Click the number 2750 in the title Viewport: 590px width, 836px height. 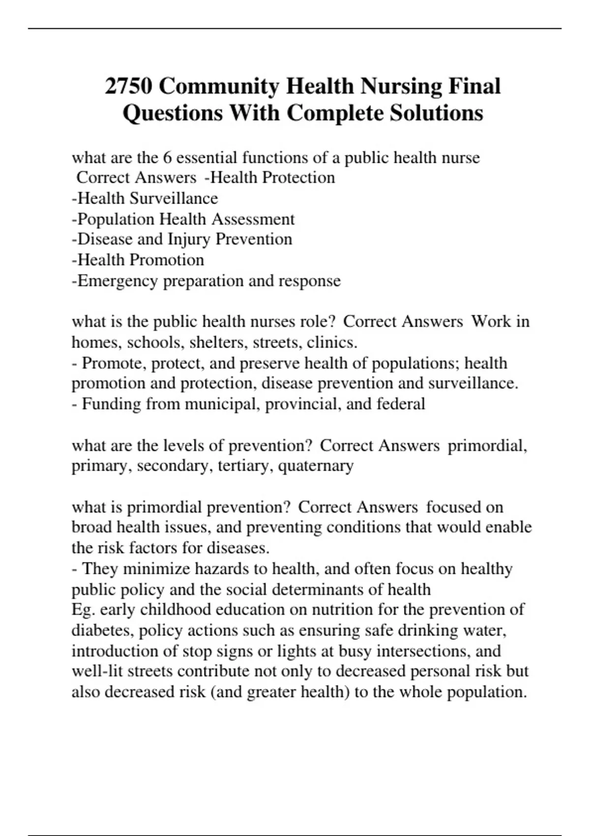click(x=129, y=87)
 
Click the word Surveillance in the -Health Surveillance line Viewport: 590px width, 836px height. click(x=174, y=198)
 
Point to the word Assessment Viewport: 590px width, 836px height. click(x=253, y=219)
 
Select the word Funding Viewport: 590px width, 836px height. click(x=111, y=404)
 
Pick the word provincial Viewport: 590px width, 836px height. click(x=305, y=404)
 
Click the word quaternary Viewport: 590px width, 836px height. click(x=316, y=466)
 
